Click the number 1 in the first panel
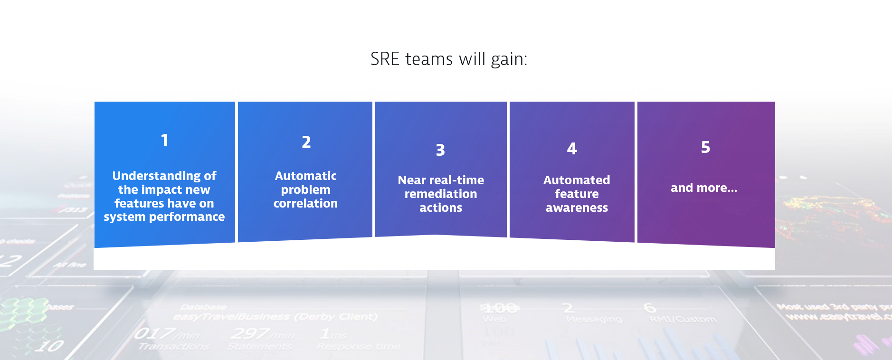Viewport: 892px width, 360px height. tap(164, 140)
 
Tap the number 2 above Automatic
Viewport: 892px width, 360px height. tap(306, 142)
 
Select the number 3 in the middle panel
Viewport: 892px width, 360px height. tap(440, 150)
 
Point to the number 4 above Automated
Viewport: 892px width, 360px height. tap(572, 149)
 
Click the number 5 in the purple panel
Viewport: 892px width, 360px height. tap(705, 147)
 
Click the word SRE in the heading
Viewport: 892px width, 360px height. tap(385, 59)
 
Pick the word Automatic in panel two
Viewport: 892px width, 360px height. tap(305, 176)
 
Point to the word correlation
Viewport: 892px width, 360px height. tap(305, 204)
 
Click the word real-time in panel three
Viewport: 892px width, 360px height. tap(456, 180)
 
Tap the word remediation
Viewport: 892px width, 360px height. tap(440, 194)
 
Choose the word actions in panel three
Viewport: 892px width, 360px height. tap(440, 208)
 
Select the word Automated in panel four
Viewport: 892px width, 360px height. tap(576, 180)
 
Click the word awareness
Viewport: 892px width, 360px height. tap(576, 208)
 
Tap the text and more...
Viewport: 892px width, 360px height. tap(703, 188)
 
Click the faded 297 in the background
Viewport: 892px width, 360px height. tap(250, 334)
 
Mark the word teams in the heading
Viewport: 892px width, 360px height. tap(429, 59)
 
